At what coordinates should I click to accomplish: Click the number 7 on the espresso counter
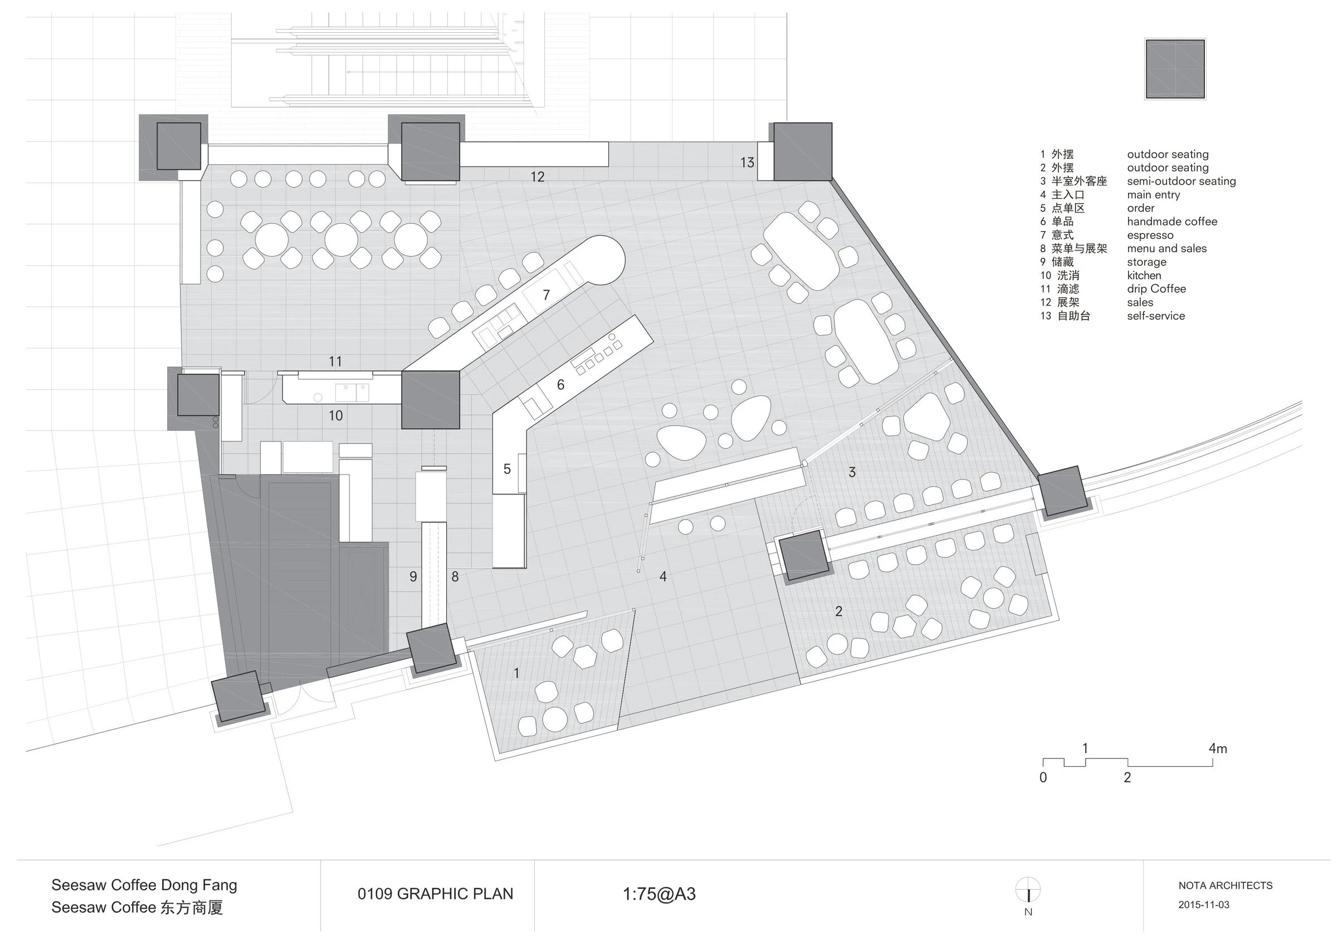pos(546,295)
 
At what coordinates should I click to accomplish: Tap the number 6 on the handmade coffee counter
pos(560,385)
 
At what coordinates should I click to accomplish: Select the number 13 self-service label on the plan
pos(747,163)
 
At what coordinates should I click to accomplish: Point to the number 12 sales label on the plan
pos(538,177)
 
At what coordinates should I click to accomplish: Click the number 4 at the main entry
pos(663,576)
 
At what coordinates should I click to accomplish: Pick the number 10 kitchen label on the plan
pos(335,416)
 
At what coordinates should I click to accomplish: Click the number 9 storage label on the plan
pos(413,576)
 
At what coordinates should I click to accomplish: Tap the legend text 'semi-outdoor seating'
pos(1181,181)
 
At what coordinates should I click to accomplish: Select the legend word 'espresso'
pos(1149,235)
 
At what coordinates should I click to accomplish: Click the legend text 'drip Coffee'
pos(1156,289)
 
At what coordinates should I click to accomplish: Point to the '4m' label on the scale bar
pos(1218,748)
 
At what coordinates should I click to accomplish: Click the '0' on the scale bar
pos(1043,777)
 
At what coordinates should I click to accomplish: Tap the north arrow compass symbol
pos(1028,890)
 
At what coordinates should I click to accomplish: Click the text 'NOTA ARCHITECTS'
pos(1225,885)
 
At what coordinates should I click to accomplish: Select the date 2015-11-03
pos(1204,905)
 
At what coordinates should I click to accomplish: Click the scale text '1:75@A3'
pos(659,894)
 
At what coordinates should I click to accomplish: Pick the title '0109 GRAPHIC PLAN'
pos(435,894)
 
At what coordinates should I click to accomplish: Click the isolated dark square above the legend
pos(1175,68)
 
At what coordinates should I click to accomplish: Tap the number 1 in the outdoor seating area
pos(516,673)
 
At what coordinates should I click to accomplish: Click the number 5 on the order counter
pos(506,469)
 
